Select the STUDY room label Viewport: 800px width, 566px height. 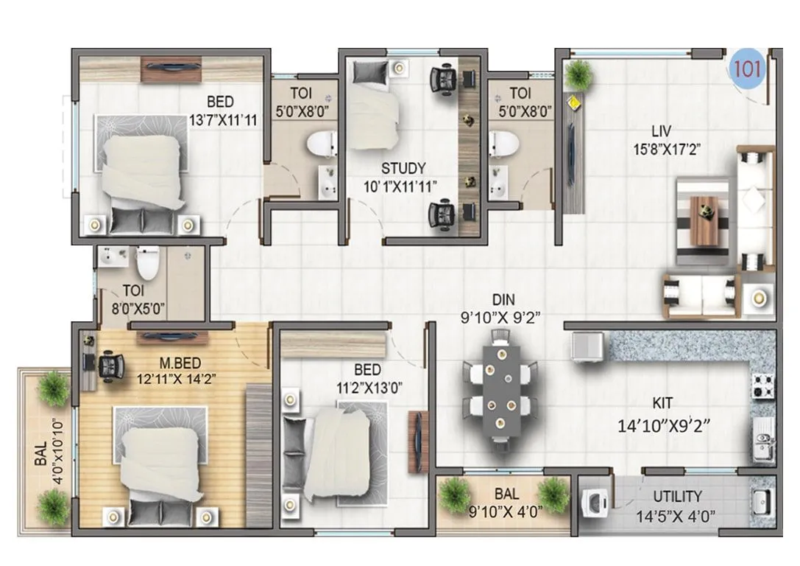click(403, 170)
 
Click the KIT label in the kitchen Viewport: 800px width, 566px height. click(662, 404)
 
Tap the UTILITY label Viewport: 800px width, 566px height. click(676, 497)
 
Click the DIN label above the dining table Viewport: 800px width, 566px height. click(504, 300)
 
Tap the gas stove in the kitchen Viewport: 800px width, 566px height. click(762, 385)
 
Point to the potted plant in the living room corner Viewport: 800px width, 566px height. click(579, 74)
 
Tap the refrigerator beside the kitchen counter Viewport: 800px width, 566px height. click(587, 347)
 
